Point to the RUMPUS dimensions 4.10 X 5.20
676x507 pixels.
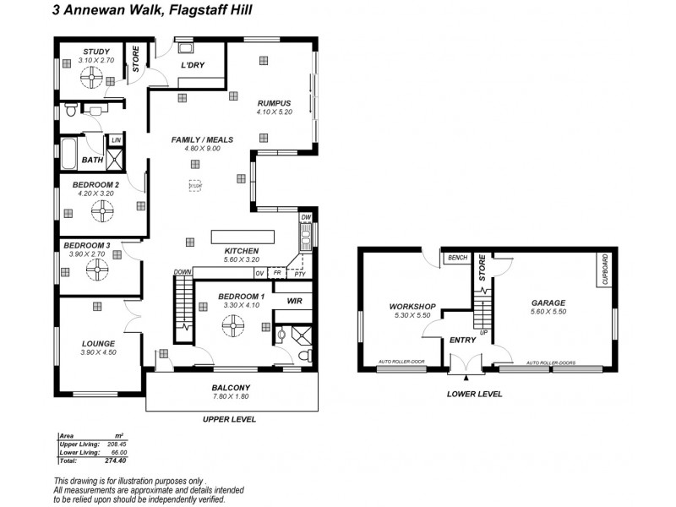click(x=274, y=112)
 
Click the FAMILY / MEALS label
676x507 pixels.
click(x=201, y=139)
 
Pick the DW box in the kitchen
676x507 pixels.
click(x=306, y=217)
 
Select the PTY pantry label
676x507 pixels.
click(x=300, y=273)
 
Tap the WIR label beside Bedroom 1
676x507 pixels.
click(x=295, y=300)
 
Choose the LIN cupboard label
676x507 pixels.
click(x=116, y=139)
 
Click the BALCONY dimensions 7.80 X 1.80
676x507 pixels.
click(x=229, y=397)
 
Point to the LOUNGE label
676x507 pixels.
click(x=98, y=343)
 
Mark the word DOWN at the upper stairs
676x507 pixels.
click(x=183, y=271)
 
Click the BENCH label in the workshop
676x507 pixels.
click(x=458, y=258)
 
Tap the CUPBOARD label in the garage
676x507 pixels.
click(x=605, y=272)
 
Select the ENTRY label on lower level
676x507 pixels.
click(x=462, y=340)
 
